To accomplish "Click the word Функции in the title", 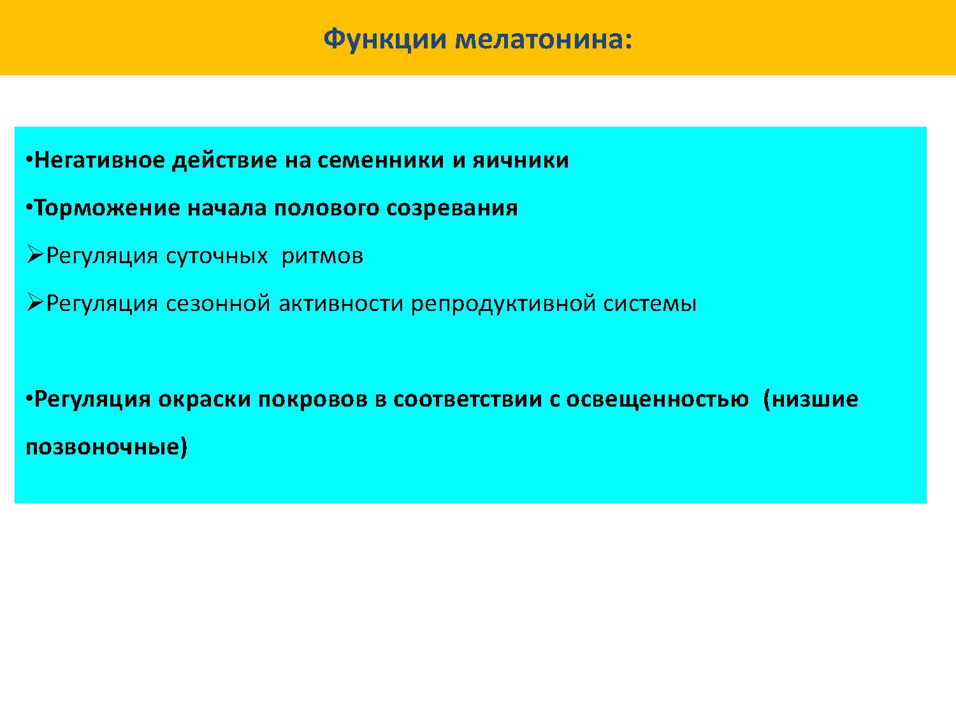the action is click(385, 40).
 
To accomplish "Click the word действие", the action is click(224, 161).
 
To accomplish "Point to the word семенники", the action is click(380, 160).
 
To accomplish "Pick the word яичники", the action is click(521, 160).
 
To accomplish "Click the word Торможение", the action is click(107, 208).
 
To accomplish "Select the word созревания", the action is click(452, 208).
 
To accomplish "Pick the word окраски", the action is click(205, 400).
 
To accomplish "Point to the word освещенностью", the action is click(657, 400).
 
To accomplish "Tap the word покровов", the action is click(313, 400).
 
